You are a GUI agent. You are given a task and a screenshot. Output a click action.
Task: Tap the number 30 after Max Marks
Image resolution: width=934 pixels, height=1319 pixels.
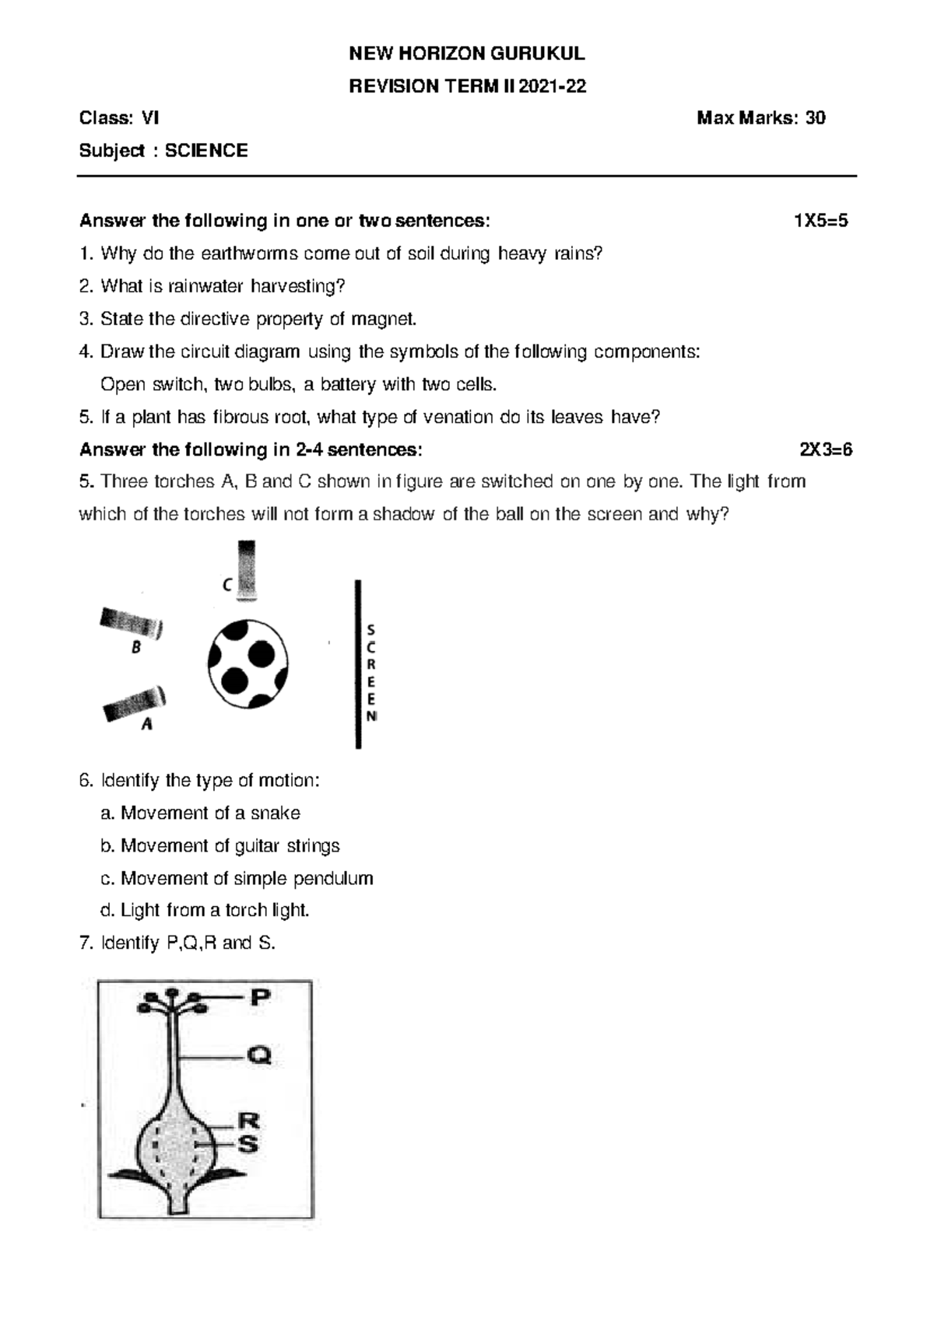point(815,118)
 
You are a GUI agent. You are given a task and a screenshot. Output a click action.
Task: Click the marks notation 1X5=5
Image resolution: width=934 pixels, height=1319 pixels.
point(820,221)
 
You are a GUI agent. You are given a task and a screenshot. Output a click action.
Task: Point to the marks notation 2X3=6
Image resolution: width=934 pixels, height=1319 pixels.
point(826,450)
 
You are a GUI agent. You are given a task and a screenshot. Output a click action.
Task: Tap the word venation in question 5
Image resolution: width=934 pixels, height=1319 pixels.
point(458,417)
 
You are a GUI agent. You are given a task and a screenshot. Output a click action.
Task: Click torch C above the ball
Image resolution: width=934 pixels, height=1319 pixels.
point(247,570)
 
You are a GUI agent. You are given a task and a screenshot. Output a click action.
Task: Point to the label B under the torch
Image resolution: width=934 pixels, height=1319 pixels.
point(136,647)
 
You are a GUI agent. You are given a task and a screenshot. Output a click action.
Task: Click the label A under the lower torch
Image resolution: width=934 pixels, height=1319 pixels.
point(146,725)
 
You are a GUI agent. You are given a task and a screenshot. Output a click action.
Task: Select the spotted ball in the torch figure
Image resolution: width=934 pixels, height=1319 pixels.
point(248,663)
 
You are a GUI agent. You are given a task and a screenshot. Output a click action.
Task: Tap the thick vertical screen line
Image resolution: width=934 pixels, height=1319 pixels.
point(357,663)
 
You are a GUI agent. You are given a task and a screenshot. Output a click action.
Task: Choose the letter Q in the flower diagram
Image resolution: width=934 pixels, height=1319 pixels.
point(259,1056)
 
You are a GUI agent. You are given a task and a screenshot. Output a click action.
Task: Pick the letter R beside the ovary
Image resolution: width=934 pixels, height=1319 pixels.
point(248,1121)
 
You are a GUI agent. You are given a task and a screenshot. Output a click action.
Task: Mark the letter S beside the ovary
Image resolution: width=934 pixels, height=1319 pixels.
point(248,1144)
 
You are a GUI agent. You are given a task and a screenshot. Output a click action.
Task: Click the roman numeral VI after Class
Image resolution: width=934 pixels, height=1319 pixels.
point(149,118)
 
